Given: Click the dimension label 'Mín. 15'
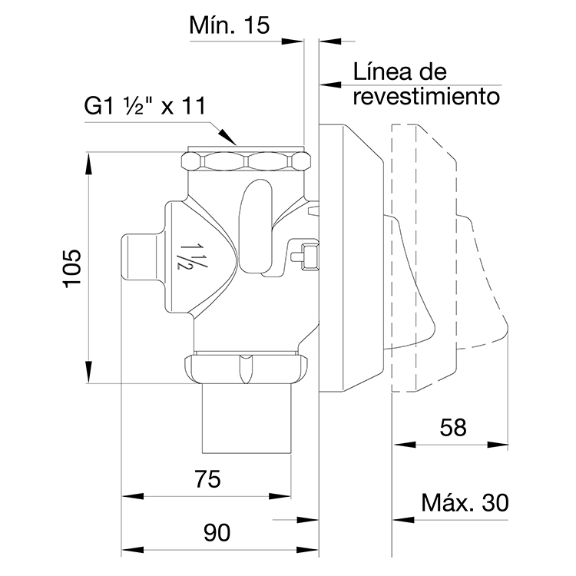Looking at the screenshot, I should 230,26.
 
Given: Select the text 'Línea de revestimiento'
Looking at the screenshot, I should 426,84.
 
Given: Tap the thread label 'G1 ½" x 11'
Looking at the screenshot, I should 145,107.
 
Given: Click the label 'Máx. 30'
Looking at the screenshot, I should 465,503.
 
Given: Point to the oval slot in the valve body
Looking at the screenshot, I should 257,213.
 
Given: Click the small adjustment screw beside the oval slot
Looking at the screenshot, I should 307,256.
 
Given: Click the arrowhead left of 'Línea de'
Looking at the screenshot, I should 328,84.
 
